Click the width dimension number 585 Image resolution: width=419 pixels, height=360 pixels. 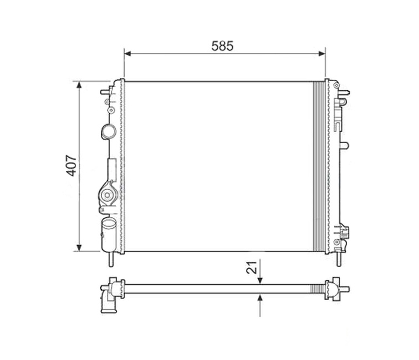point(222,46)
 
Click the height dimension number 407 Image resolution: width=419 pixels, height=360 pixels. point(71,166)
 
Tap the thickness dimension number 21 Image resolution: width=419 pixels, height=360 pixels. point(252,267)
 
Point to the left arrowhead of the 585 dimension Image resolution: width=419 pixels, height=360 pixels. point(128,54)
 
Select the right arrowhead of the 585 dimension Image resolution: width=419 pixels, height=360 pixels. point(322,54)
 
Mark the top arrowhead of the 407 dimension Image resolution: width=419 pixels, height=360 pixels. point(79,85)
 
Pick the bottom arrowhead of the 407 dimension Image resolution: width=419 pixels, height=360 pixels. point(79,248)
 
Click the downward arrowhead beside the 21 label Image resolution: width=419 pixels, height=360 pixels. point(260,281)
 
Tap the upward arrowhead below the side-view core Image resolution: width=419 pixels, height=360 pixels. point(260,297)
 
